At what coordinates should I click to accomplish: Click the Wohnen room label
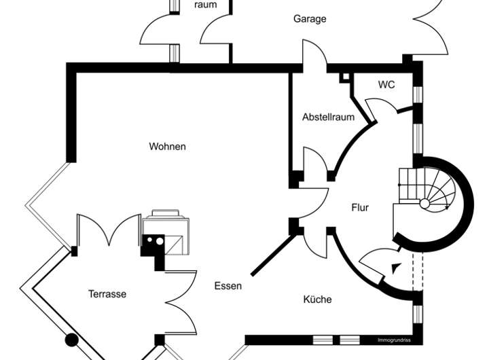[167, 146]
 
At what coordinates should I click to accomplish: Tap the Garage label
[310, 19]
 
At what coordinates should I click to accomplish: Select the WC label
[386, 85]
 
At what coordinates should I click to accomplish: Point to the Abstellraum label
[328, 117]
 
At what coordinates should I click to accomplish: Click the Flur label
[360, 207]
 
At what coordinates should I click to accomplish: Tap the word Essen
[228, 286]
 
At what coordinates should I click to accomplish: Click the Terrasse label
[107, 294]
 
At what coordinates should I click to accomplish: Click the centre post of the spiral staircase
[424, 203]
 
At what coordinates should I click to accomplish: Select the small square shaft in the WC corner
[344, 77]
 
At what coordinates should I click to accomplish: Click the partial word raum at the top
[205, 5]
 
